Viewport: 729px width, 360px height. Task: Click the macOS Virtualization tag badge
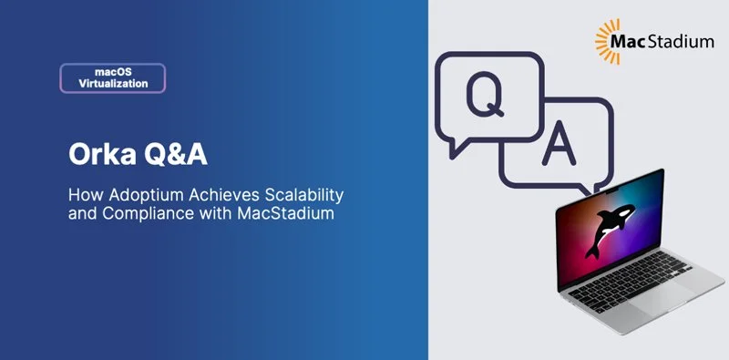pyautogui.click(x=113, y=77)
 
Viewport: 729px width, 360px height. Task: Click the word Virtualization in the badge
pyautogui.click(x=113, y=84)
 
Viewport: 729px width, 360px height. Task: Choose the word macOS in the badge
pyautogui.click(x=113, y=70)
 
